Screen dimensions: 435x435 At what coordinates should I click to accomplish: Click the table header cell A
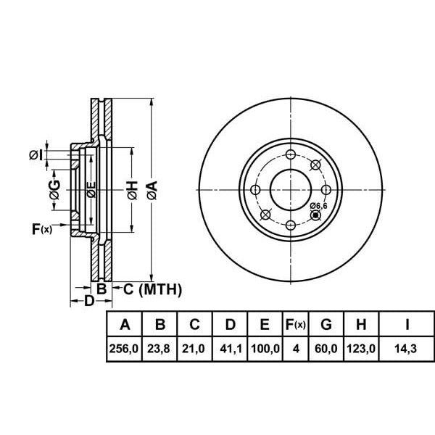pos(124,324)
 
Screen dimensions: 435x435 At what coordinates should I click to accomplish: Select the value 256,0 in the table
pos(124,349)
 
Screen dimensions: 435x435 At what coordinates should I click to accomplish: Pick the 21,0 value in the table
pos(194,349)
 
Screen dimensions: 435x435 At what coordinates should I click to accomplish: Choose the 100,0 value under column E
pos(265,349)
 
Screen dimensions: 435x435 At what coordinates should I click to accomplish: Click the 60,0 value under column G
pos(326,349)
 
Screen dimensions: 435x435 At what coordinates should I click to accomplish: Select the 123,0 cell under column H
pos(360,349)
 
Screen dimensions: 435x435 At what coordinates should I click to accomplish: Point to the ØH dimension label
pos(131,190)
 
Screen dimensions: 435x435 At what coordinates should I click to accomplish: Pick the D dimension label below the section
pos(88,300)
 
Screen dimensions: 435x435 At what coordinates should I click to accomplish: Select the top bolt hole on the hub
pos(290,154)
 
